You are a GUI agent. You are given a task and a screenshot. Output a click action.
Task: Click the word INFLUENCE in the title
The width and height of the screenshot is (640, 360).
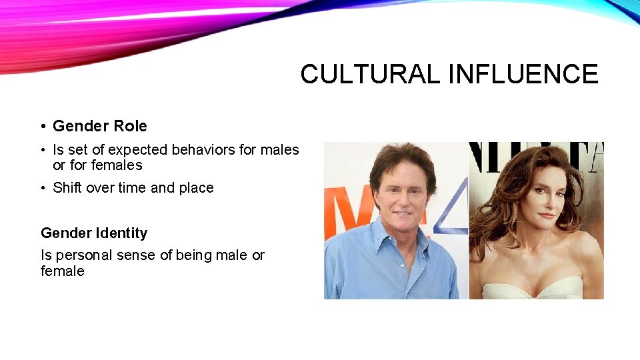click(x=523, y=74)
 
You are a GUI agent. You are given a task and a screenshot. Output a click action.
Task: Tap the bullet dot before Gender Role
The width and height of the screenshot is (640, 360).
click(x=42, y=126)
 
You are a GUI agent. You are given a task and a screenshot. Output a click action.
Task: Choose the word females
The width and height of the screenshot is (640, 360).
click(x=117, y=165)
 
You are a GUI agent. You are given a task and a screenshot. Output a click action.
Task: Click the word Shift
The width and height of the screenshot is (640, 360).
click(x=67, y=188)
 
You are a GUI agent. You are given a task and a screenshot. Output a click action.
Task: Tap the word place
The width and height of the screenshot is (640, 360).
click(x=196, y=188)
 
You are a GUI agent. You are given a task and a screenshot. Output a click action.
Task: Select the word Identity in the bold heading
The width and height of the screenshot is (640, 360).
click(x=121, y=233)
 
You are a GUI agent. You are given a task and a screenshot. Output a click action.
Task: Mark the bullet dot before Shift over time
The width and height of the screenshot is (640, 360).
click(x=42, y=188)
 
